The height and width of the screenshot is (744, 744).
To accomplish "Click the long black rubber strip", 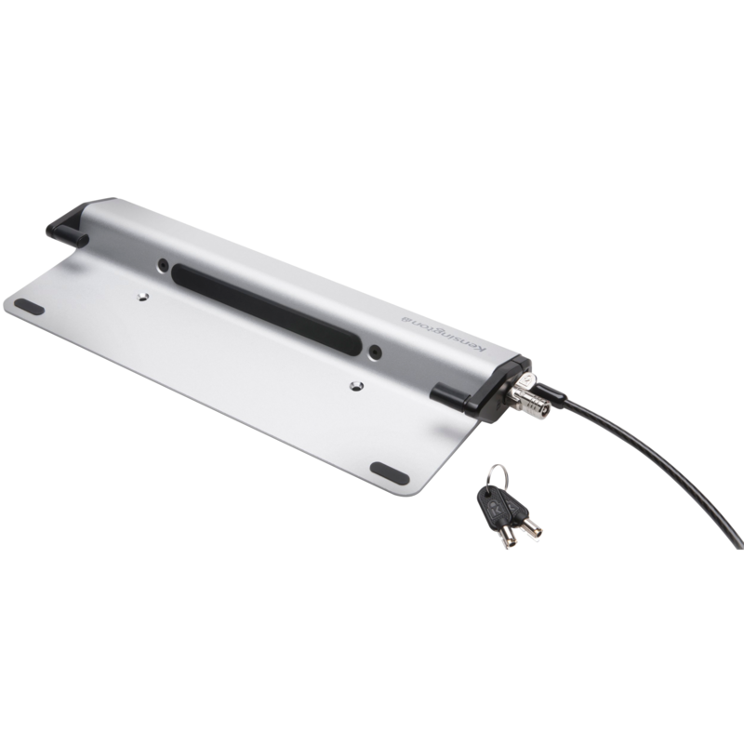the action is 268,309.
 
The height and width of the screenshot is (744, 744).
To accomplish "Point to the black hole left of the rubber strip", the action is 163,264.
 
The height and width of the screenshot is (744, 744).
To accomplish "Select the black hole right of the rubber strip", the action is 376,352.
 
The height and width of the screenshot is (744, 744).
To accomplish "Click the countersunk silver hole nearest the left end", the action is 142,298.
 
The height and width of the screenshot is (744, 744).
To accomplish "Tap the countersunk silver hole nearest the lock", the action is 356,386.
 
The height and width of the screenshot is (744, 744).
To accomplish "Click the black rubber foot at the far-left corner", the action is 29,307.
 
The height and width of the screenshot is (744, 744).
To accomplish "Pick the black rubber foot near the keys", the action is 390,473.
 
